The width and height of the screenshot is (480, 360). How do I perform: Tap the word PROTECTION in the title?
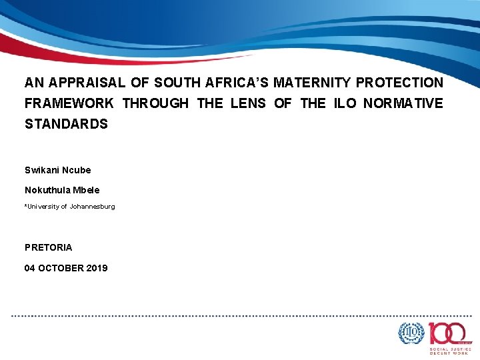[400, 83]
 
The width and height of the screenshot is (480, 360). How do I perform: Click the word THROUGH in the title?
[155, 104]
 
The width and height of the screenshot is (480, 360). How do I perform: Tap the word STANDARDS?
[66, 125]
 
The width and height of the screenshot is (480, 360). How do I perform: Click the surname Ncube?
[77, 170]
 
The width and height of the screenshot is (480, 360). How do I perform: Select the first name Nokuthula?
[49, 190]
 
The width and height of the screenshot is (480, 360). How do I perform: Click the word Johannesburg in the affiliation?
[93, 207]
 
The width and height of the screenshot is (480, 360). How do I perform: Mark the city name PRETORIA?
[49, 247]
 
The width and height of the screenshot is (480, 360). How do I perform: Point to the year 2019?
[97, 268]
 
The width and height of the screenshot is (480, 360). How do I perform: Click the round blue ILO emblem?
[411, 333]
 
